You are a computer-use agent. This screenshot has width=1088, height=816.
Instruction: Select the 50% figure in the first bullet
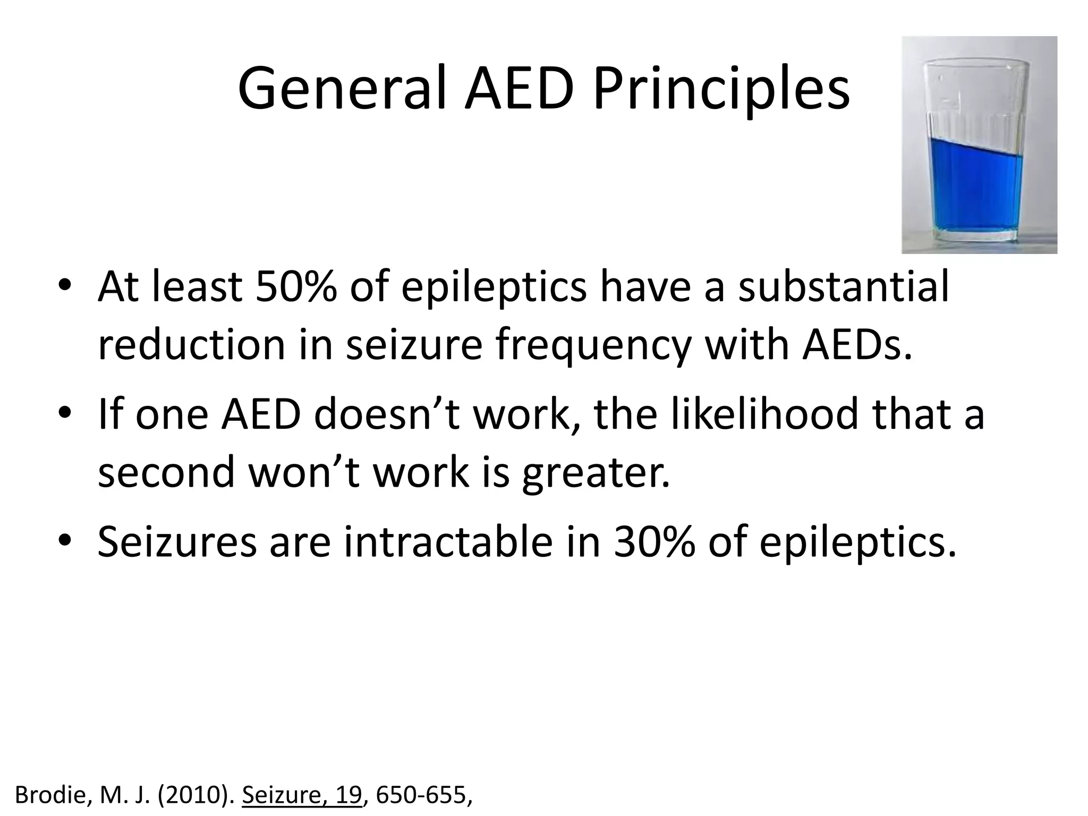(295, 287)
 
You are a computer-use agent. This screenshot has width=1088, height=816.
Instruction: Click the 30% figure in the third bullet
(654, 542)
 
